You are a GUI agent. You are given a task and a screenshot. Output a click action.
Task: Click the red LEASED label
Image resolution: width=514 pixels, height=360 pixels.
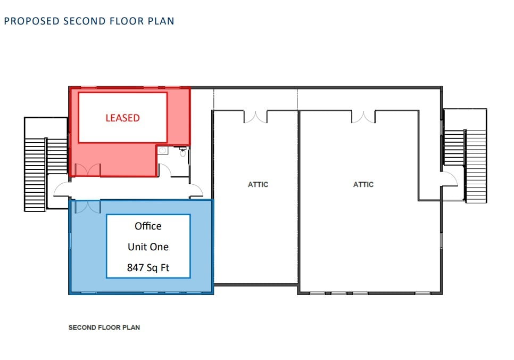coord(122,118)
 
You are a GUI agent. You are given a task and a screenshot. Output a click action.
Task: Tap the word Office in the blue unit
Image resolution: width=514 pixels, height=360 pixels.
coord(148,226)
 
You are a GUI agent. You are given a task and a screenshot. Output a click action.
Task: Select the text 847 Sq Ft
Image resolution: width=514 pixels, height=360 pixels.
coord(148,267)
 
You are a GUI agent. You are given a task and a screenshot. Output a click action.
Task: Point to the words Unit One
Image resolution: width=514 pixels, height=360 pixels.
coord(148,247)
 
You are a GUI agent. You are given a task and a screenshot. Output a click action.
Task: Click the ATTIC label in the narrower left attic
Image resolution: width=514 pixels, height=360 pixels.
coord(258,184)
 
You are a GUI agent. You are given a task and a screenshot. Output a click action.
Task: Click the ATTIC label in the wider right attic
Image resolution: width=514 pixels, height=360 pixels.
coord(363,184)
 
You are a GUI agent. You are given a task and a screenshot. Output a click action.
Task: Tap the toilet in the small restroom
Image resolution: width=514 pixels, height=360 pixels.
coord(163,151)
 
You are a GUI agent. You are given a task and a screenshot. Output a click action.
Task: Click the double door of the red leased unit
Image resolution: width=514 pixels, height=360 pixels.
coord(87,170)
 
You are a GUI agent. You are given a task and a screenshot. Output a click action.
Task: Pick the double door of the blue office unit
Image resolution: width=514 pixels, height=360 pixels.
coord(87,207)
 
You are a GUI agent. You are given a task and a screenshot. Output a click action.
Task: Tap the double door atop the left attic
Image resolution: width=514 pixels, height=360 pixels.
coord(255,116)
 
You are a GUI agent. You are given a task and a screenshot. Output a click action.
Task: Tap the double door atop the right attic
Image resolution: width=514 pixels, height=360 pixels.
coord(363,116)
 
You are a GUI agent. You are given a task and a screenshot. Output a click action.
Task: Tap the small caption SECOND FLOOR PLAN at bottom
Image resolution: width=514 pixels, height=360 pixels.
coord(104,327)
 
